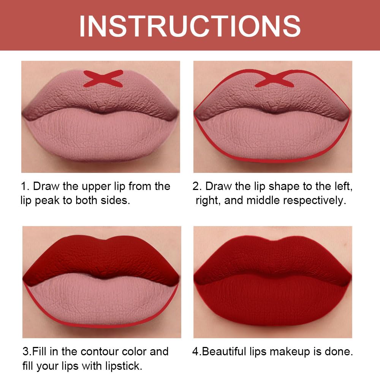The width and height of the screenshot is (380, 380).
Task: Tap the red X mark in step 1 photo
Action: coord(103,78)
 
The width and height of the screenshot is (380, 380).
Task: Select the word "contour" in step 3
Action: coord(94,351)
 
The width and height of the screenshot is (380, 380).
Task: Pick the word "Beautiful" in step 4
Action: coord(227,351)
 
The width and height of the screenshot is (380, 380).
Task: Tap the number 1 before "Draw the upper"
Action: coord(24,187)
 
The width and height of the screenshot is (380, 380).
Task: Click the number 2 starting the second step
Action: coord(196,187)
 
